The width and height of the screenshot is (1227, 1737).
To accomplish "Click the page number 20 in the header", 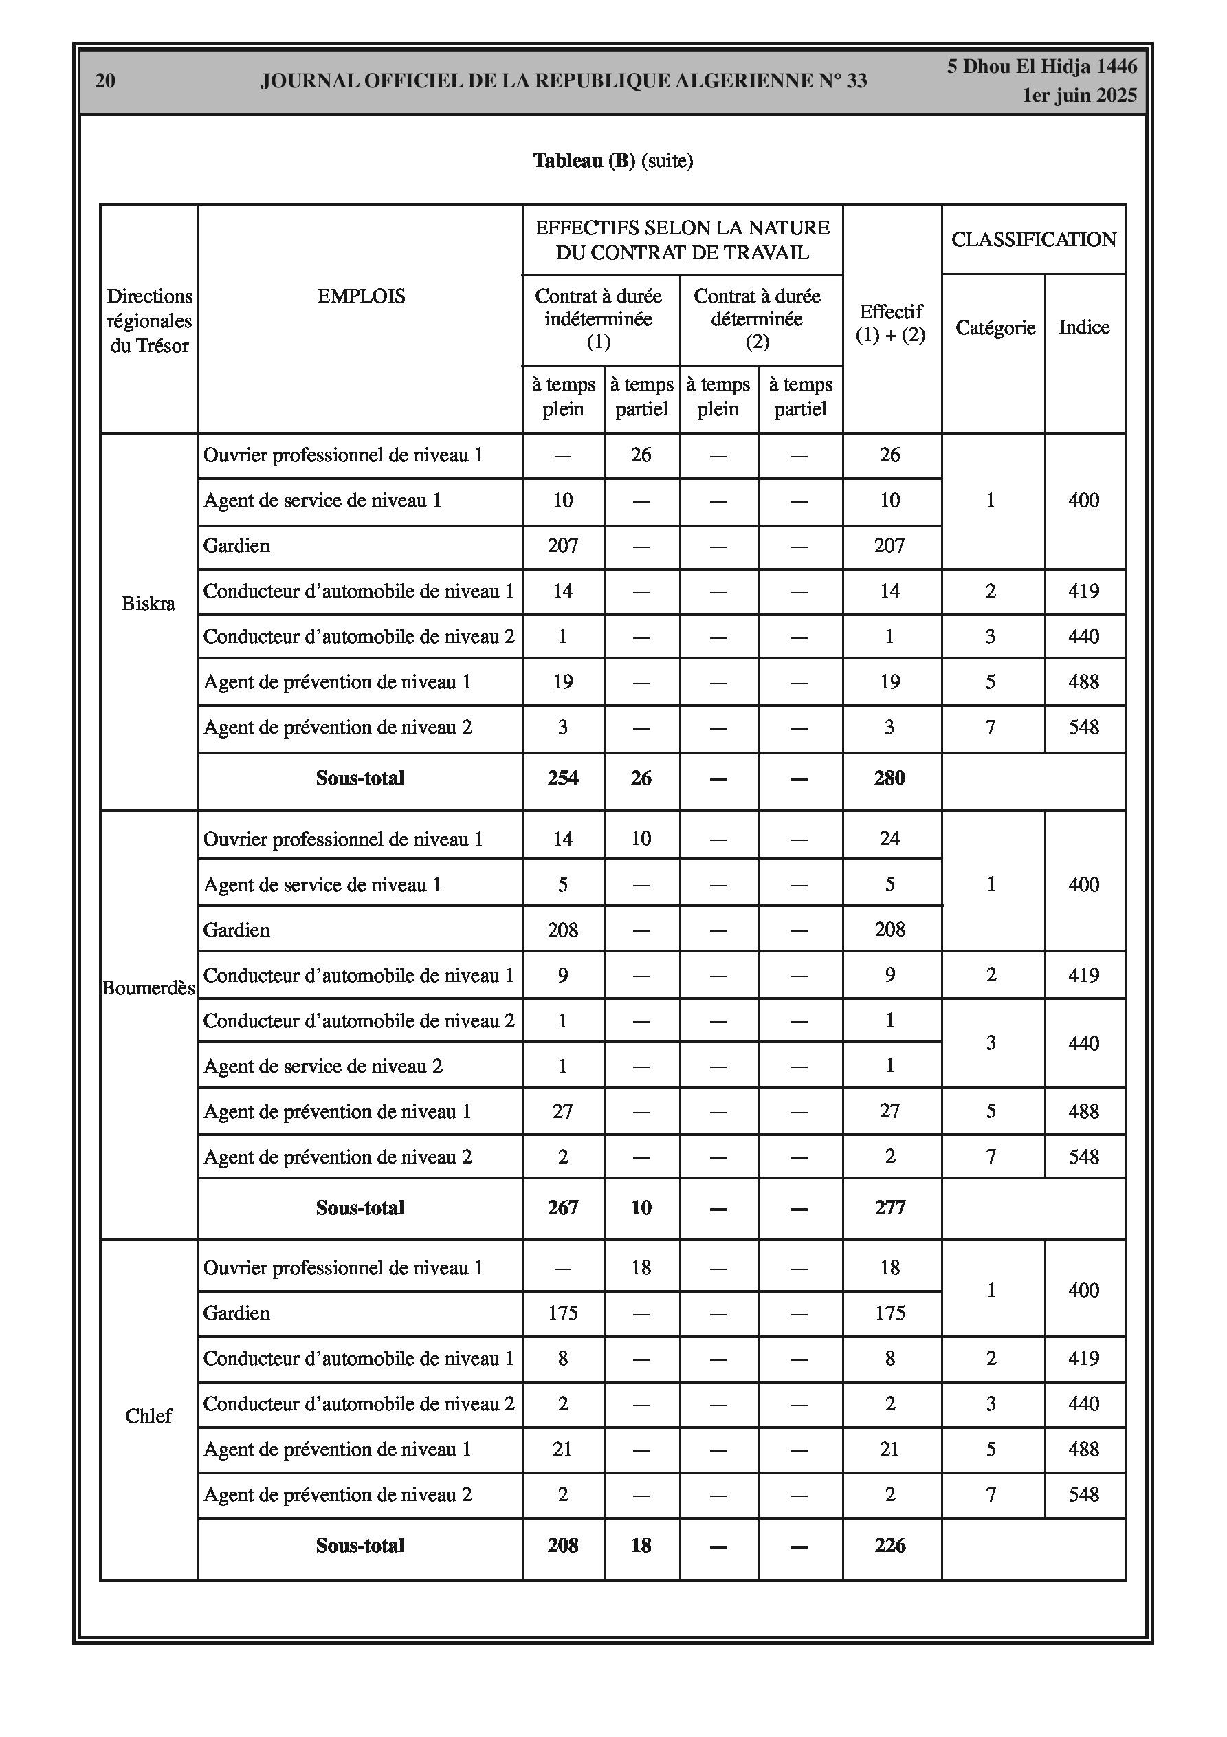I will click(x=105, y=81).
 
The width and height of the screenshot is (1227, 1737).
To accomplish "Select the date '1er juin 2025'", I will click(x=1079, y=96).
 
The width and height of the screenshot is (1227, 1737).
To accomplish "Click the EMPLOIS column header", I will click(x=361, y=296).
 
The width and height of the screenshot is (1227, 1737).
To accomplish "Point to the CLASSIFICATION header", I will click(x=1033, y=239).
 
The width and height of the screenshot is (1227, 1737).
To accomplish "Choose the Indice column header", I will click(x=1084, y=327).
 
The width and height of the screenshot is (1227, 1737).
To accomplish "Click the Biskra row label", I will click(x=148, y=603).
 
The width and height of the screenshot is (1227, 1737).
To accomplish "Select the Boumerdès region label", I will click(x=148, y=988).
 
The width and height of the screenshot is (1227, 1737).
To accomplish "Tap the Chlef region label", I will click(x=148, y=1415).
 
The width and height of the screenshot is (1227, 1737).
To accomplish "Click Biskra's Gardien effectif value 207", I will click(x=889, y=545).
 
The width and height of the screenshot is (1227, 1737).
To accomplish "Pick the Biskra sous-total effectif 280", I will click(x=889, y=778).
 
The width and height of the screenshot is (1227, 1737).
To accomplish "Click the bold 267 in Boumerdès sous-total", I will click(x=563, y=1208).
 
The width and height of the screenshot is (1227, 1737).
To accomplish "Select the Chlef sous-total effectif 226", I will click(x=889, y=1545).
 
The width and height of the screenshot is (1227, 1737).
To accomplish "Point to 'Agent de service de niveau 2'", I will click(x=323, y=1066).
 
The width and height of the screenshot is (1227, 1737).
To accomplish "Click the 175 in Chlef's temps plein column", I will click(x=563, y=1313).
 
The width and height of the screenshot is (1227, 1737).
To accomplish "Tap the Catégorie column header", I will click(x=995, y=327).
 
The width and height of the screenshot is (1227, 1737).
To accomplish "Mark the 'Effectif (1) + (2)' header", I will click(x=890, y=323).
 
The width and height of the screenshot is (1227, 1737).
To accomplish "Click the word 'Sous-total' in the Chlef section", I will click(x=360, y=1545).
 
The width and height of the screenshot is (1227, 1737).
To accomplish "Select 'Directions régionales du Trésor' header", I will click(x=149, y=320).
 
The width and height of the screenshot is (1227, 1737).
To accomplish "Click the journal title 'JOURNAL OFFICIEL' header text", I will click(x=564, y=81).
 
